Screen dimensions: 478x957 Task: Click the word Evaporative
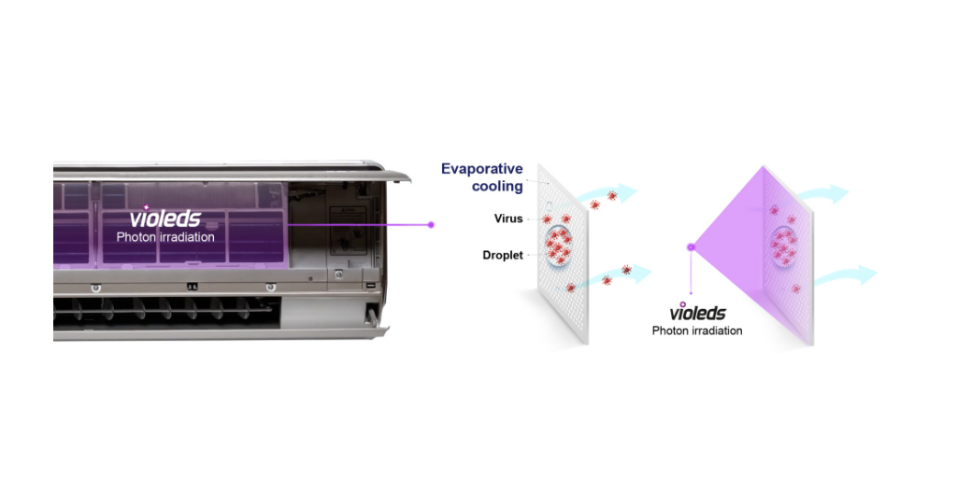click(x=481, y=169)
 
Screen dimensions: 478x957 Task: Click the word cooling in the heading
click(x=496, y=186)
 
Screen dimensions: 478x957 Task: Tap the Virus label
click(x=508, y=218)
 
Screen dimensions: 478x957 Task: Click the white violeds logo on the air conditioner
click(x=164, y=218)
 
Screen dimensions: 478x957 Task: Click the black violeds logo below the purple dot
click(x=697, y=313)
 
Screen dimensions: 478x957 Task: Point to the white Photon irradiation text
click(x=165, y=237)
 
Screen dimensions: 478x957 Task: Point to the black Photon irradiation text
click(x=697, y=330)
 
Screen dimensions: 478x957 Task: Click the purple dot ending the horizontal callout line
click(x=431, y=224)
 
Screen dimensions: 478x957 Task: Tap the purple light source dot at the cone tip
click(x=691, y=246)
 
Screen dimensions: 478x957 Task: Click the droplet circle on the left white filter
click(x=559, y=246)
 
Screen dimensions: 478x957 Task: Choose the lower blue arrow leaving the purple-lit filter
click(x=846, y=275)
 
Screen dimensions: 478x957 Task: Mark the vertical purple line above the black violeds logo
click(x=691, y=275)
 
